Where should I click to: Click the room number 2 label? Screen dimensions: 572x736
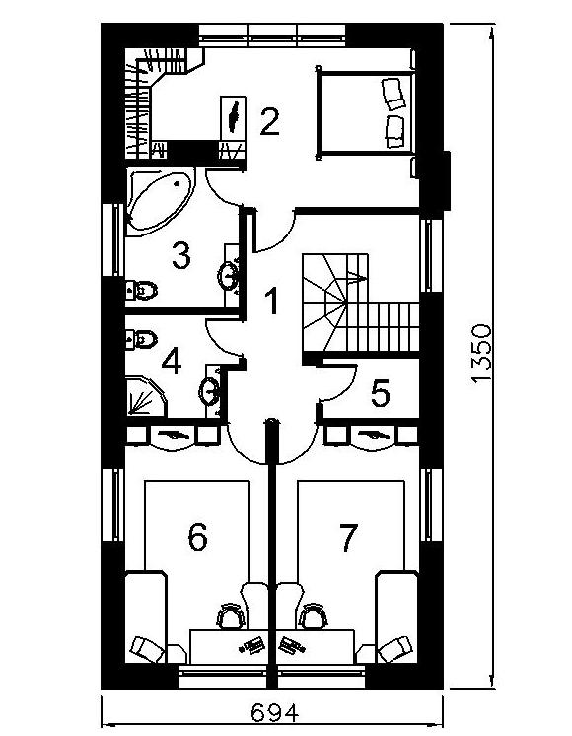click(x=269, y=122)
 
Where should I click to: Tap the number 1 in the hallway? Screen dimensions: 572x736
click(x=271, y=301)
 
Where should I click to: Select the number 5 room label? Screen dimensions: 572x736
click(x=381, y=393)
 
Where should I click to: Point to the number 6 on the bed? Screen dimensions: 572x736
click(x=197, y=537)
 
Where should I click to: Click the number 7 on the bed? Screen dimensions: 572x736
click(x=348, y=537)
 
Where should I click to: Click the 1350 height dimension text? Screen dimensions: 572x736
click(x=481, y=355)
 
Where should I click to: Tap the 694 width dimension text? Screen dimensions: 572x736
click(x=274, y=713)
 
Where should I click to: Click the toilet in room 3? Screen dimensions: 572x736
click(x=141, y=290)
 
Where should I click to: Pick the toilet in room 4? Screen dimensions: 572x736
click(x=141, y=339)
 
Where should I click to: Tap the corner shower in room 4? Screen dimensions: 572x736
click(x=146, y=396)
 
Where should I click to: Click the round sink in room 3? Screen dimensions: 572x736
click(x=228, y=275)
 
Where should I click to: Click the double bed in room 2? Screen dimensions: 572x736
click(x=366, y=113)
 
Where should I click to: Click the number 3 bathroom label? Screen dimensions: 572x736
click(x=180, y=255)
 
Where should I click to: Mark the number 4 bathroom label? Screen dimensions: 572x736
click(x=171, y=361)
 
